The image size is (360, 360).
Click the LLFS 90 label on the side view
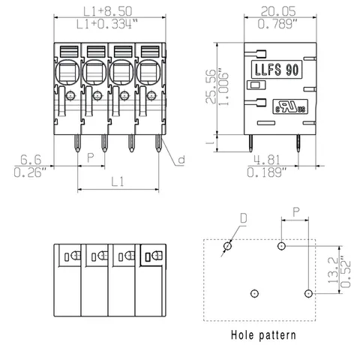(277, 70)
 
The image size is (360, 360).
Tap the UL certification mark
(290, 106)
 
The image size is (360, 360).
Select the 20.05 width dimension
(278, 11)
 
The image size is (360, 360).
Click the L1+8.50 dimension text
(107, 11)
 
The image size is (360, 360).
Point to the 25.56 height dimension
(211, 86)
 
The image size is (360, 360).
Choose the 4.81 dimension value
(267, 160)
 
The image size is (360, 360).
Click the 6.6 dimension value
(31, 160)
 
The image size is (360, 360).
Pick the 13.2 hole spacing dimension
(333, 270)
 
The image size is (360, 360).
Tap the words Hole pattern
(263, 335)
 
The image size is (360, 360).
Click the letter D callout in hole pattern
(244, 218)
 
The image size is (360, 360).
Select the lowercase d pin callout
(181, 159)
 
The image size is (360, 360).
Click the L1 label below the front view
(118, 181)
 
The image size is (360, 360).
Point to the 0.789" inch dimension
(277, 24)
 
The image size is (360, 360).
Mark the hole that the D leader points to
(227, 246)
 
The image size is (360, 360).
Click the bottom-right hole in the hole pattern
(308, 293)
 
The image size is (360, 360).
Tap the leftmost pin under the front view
(78, 143)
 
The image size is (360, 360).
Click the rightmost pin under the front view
(158, 143)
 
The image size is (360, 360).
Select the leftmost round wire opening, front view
(67, 72)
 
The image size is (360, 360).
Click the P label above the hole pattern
(296, 212)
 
